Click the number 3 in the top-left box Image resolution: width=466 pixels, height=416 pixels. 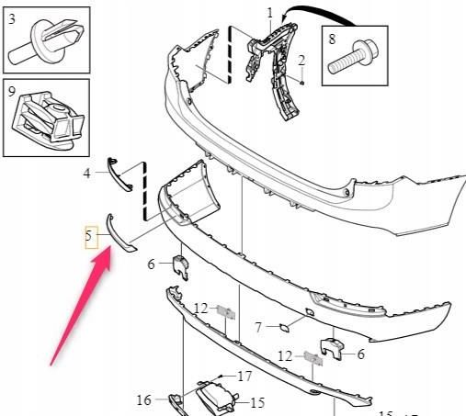click(x=12, y=19)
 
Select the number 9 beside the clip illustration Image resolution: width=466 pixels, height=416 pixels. click(x=11, y=92)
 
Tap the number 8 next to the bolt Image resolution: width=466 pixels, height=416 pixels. click(x=332, y=39)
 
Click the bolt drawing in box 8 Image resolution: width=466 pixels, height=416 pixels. click(x=353, y=58)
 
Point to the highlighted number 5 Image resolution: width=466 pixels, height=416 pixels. click(x=88, y=236)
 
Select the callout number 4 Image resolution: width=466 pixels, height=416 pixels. click(x=87, y=174)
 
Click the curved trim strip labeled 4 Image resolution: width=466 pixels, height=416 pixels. click(x=119, y=174)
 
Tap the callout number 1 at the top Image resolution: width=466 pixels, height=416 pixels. click(x=270, y=13)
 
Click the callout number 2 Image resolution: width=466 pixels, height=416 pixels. click(x=301, y=61)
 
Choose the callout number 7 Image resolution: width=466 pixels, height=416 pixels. click(x=258, y=327)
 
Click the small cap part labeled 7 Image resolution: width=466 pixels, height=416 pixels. click(x=284, y=329)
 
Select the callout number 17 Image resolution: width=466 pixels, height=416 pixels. click(x=244, y=377)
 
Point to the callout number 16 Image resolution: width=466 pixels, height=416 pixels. click(x=144, y=399)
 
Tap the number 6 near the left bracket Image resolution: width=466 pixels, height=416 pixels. click(x=151, y=264)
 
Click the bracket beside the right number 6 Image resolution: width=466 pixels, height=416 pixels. click(x=332, y=349)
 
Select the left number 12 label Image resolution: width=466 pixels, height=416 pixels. click(x=201, y=309)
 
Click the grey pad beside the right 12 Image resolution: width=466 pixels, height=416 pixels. click(x=313, y=358)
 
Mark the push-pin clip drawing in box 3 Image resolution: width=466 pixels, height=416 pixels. click(x=46, y=41)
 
